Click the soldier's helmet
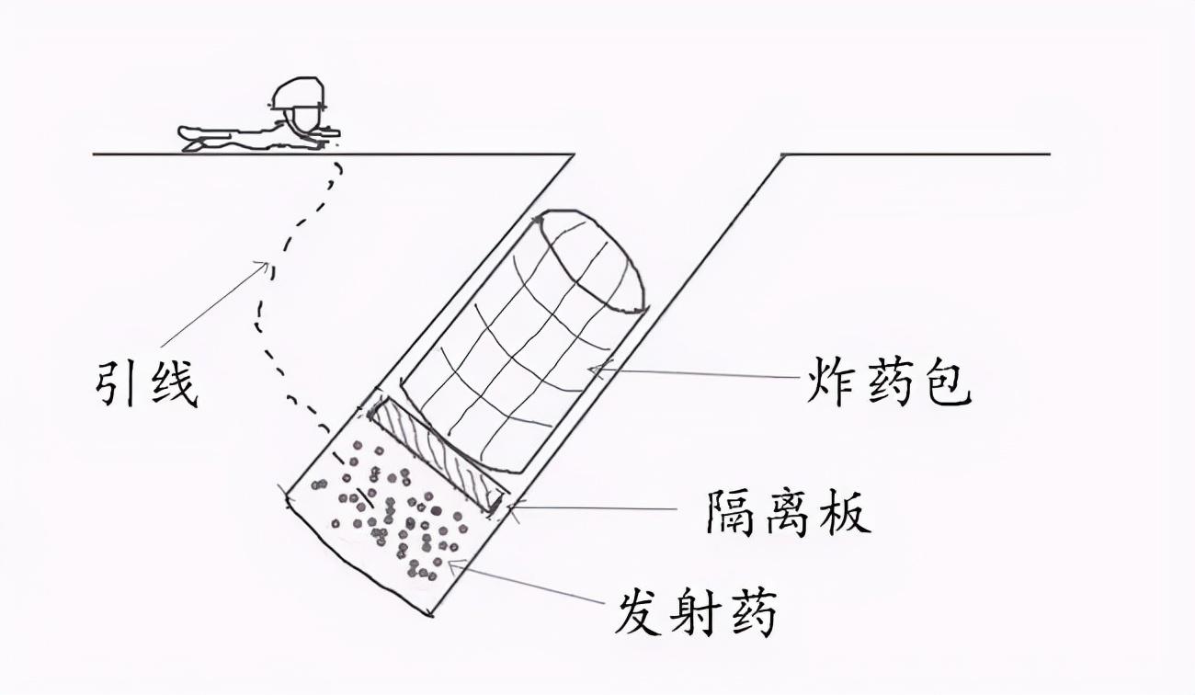point(300,93)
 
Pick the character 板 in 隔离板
point(844,510)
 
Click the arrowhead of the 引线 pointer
point(266,267)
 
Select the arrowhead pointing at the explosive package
point(593,370)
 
